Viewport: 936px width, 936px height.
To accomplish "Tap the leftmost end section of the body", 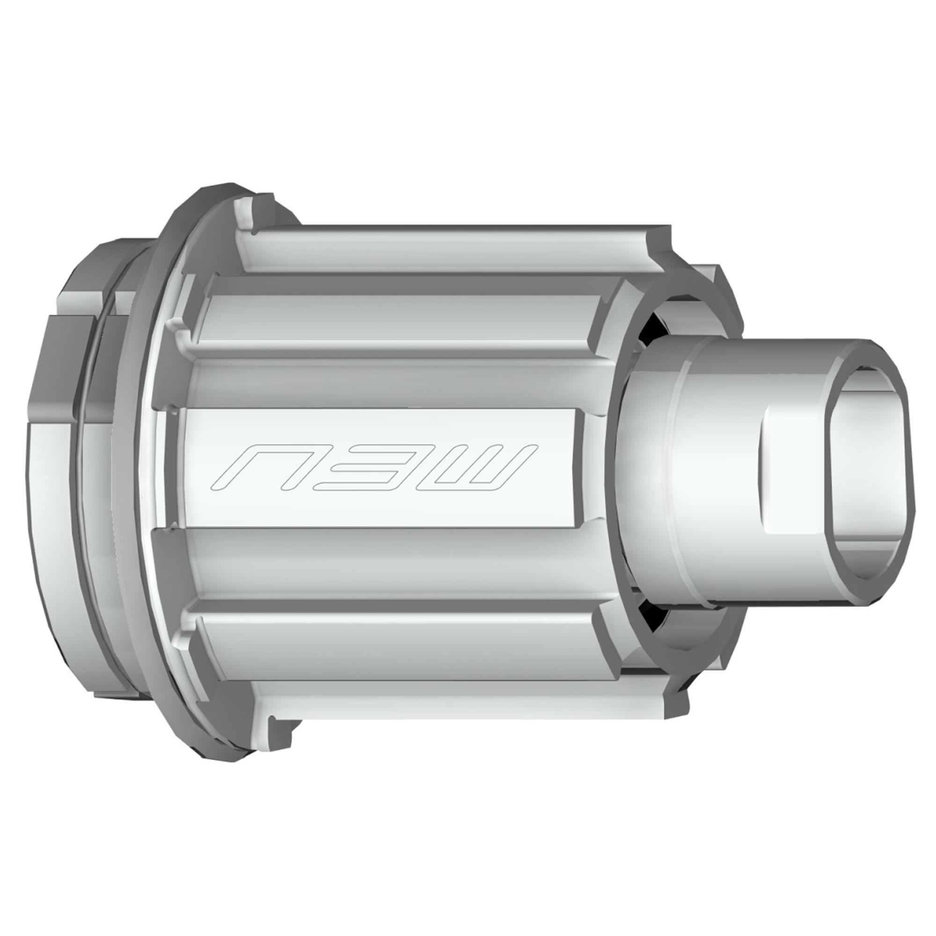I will [x=53, y=465].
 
